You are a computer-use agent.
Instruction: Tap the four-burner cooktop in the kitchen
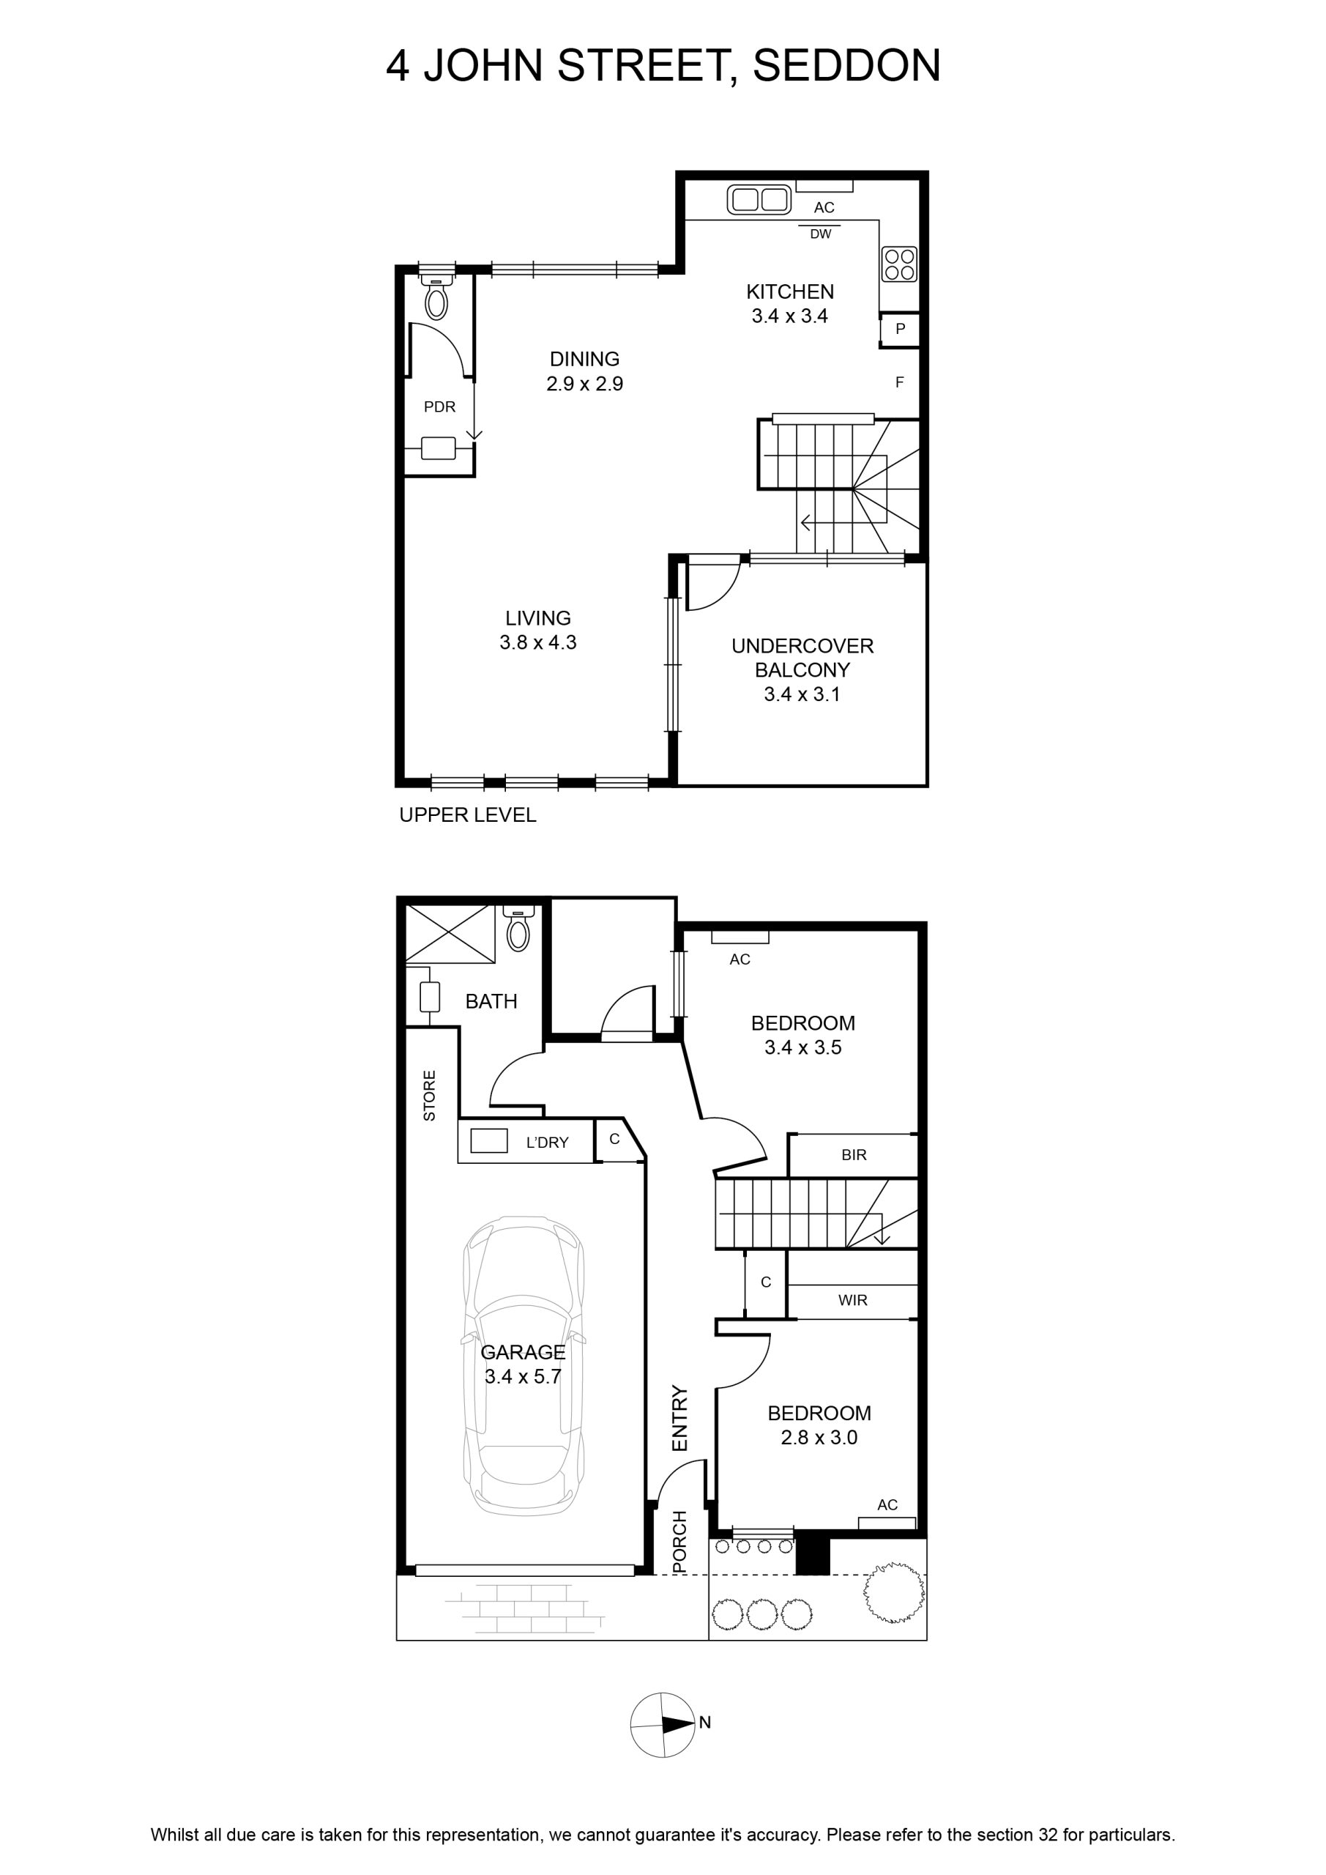pyautogui.click(x=900, y=264)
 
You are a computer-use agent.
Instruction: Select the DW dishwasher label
pyautogui.click(x=821, y=234)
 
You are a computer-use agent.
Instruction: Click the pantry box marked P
pyautogui.click(x=900, y=329)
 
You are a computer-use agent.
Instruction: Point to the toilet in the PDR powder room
pyautogui.click(x=437, y=297)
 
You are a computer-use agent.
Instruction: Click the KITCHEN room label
pyautogui.click(x=789, y=292)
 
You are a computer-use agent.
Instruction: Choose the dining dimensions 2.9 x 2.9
pyautogui.click(x=584, y=384)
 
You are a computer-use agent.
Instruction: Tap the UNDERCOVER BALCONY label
pyautogui.click(x=802, y=658)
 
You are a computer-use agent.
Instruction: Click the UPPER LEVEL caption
pyautogui.click(x=468, y=815)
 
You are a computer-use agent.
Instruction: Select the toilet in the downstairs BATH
pyautogui.click(x=518, y=928)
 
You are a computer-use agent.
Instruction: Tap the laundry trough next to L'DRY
pyautogui.click(x=488, y=1140)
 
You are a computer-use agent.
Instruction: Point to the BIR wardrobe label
pyautogui.click(x=854, y=1155)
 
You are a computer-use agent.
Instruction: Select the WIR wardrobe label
pyautogui.click(x=852, y=1300)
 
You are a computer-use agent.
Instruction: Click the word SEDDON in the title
pyautogui.click(x=846, y=65)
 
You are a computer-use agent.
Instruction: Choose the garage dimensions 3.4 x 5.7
pyautogui.click(x=523, y=1377)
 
